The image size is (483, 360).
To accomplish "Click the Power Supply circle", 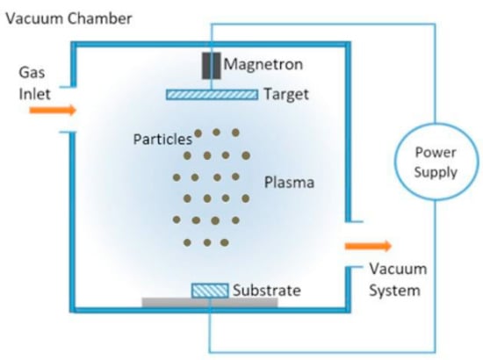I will click(436, 163).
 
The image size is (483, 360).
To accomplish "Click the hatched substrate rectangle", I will click(209, 290).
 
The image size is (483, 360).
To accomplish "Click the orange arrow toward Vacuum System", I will click(367, 247).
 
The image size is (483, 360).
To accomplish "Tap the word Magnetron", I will click(259, 64).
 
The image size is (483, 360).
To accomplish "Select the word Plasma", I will click(289, 184).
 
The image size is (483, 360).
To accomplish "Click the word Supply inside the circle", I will click(436, 172).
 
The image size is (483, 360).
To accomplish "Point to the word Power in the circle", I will click(436, 154).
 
